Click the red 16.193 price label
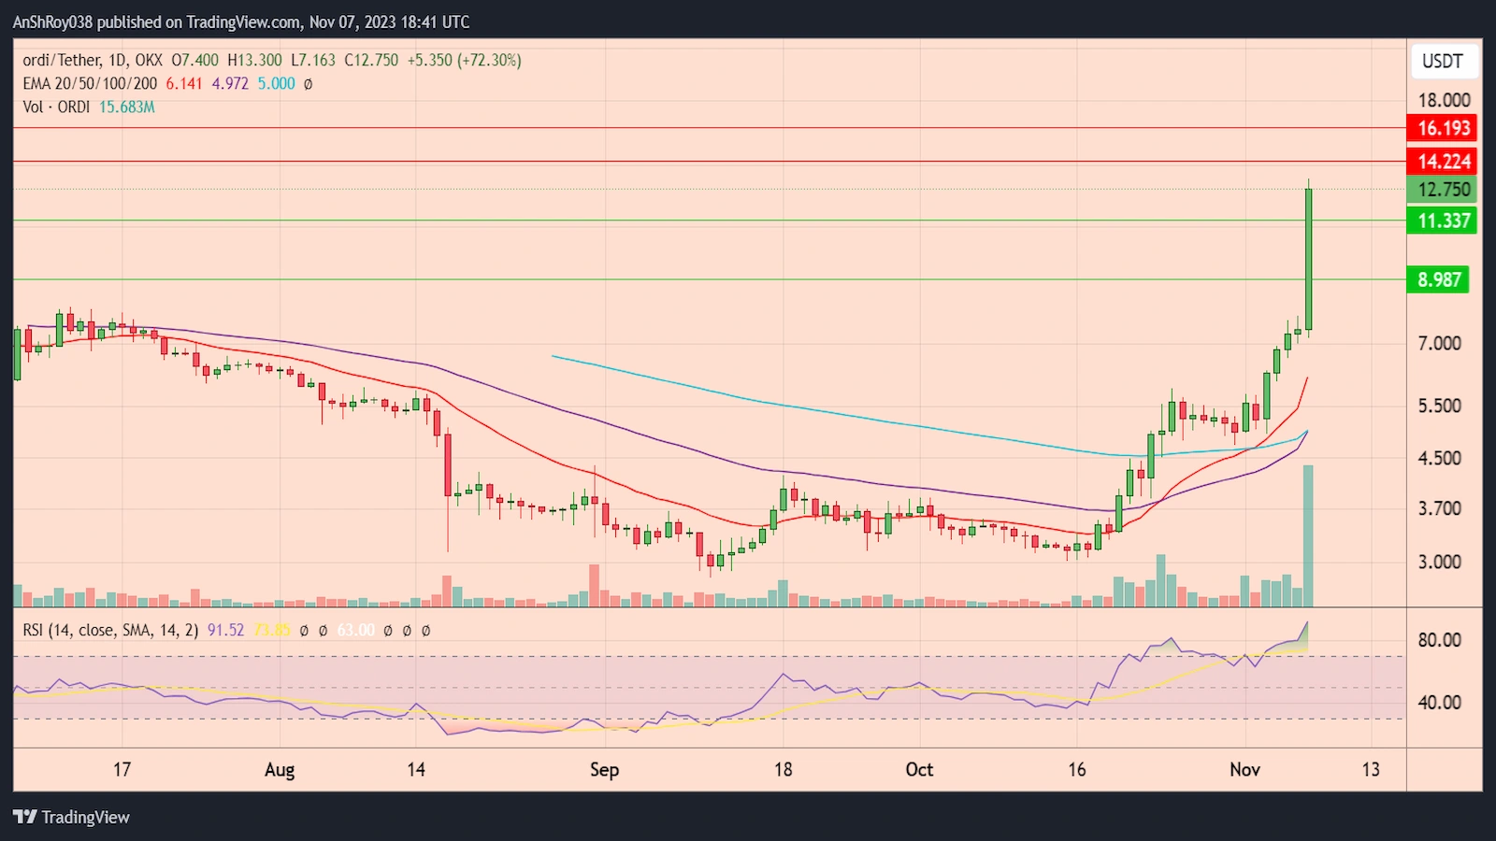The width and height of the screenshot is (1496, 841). click(1443, 128)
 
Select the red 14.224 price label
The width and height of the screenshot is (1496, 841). click(1443, 161)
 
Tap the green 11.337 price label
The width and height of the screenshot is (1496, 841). click(1443, 221)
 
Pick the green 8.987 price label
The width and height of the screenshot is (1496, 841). click(1438, 279)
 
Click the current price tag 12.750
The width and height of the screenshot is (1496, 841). click(1443, 190)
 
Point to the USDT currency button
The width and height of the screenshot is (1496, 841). click(1443, 61)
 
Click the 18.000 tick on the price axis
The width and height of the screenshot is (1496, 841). click(1443, 100)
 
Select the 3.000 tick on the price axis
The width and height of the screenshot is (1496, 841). click(1439, 562)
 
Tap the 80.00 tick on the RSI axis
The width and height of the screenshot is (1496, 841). click(1439, 640)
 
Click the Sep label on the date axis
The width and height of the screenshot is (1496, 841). click(604, 769)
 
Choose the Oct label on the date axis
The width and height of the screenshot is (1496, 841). click(919, 769)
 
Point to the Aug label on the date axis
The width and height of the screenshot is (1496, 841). click(280, 769)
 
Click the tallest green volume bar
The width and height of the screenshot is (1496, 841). click(1308, 536)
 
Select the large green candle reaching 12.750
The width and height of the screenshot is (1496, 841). click(1308, 259)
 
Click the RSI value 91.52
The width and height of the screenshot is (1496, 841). click(225, 631)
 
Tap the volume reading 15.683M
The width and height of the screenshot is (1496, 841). click(127, 107)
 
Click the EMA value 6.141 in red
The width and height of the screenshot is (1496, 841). click(184, 83)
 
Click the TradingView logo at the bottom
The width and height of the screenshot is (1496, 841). click(72, 817)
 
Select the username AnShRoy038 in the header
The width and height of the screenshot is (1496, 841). click(52, 21)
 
